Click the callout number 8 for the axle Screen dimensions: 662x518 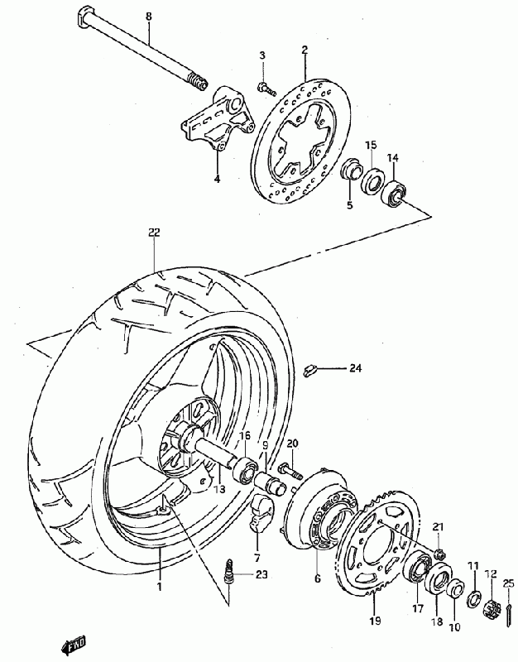tap(149, 16)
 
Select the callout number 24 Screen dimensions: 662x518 tap(355, 367)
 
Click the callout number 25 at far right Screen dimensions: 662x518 tap(507, 584)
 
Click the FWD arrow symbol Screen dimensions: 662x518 tap(74, 644)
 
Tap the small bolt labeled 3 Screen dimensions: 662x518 tap(263, 85)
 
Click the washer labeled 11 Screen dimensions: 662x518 tap(473, 597)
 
